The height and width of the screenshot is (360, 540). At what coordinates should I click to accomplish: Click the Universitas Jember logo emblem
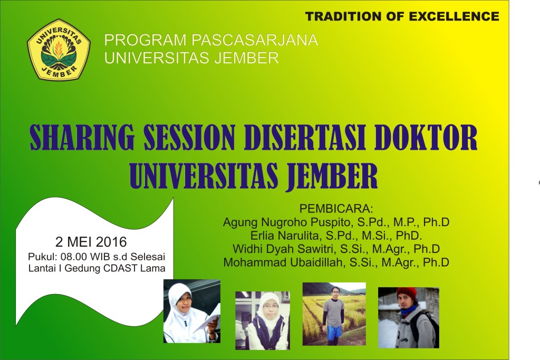(59, 50)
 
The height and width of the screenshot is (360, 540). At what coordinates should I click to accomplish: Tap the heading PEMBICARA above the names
(336, 207)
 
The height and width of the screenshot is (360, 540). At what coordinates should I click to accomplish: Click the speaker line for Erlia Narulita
(336, 236)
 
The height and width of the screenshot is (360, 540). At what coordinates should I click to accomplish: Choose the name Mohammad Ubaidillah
(283, 262)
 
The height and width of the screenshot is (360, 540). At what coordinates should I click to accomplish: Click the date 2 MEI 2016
(91, 242)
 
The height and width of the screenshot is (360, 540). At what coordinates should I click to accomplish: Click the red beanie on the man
(407, 293)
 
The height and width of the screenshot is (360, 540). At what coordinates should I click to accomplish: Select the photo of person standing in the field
(334, 314)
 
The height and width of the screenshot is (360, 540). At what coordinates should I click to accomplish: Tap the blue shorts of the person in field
(334, 332)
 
